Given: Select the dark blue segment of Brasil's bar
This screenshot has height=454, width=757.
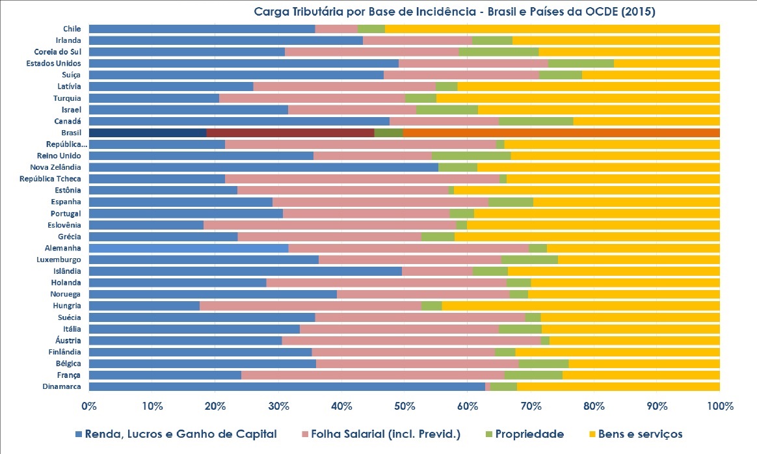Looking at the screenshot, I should [x=147, y=133].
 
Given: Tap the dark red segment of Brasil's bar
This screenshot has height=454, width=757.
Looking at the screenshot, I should [x=290, y=133].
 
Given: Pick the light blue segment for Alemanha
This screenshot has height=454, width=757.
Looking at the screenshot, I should [x=189, y=248].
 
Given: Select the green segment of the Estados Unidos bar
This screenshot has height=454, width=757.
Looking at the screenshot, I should [x=581, y=63].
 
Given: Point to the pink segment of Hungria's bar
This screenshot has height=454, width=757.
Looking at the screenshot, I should [x=310, y=306].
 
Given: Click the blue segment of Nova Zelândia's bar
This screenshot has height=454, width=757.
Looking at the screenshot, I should [x=263, y=167].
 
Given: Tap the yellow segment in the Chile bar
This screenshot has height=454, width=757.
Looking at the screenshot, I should [x=552, y=29].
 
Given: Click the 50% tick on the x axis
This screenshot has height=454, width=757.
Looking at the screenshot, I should [x=405, y=407].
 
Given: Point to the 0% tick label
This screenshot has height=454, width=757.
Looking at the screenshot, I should [x=89, y=407].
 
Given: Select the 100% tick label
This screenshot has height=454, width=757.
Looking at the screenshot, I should [x=719, y=407].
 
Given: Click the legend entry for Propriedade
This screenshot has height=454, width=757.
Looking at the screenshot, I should [x=524, y=434].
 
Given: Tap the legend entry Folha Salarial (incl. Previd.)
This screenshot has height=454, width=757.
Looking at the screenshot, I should [x=382, y=434].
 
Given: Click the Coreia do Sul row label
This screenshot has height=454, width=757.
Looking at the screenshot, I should [x=57, y=52].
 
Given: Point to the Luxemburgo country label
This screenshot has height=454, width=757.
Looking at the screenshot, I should [x=59, y=260].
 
